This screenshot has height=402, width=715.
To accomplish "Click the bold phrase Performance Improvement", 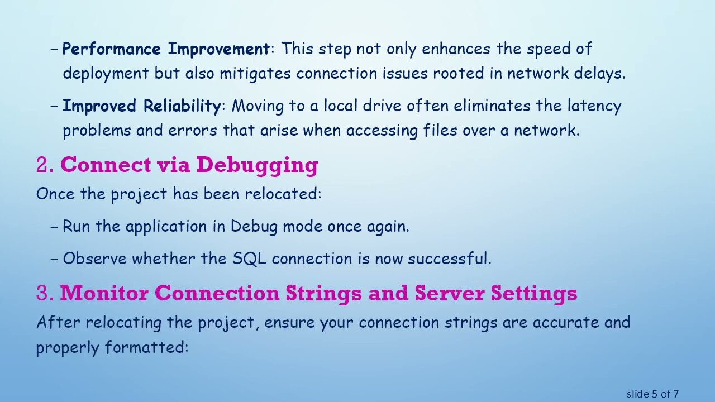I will (x=166, y=49).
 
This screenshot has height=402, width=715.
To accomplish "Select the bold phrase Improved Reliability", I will (x=142, y=106).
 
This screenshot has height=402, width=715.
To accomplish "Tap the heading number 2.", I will (x=44, y=165).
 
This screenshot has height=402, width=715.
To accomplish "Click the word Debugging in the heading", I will (x=257, y=165).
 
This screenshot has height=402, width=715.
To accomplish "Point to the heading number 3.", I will (x=44, y=294).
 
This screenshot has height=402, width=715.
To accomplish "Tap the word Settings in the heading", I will (x=533, y=294).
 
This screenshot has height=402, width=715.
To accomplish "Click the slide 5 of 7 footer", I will (x=652, y=394).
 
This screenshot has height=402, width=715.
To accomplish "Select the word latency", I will (x=594, y=106).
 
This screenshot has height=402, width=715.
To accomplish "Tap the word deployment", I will (x=106, y=74).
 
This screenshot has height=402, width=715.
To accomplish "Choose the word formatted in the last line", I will (x=146, y=347).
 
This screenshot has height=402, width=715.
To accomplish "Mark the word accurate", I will (x=565, y=323).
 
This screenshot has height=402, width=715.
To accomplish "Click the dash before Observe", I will (x=54, y=259).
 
